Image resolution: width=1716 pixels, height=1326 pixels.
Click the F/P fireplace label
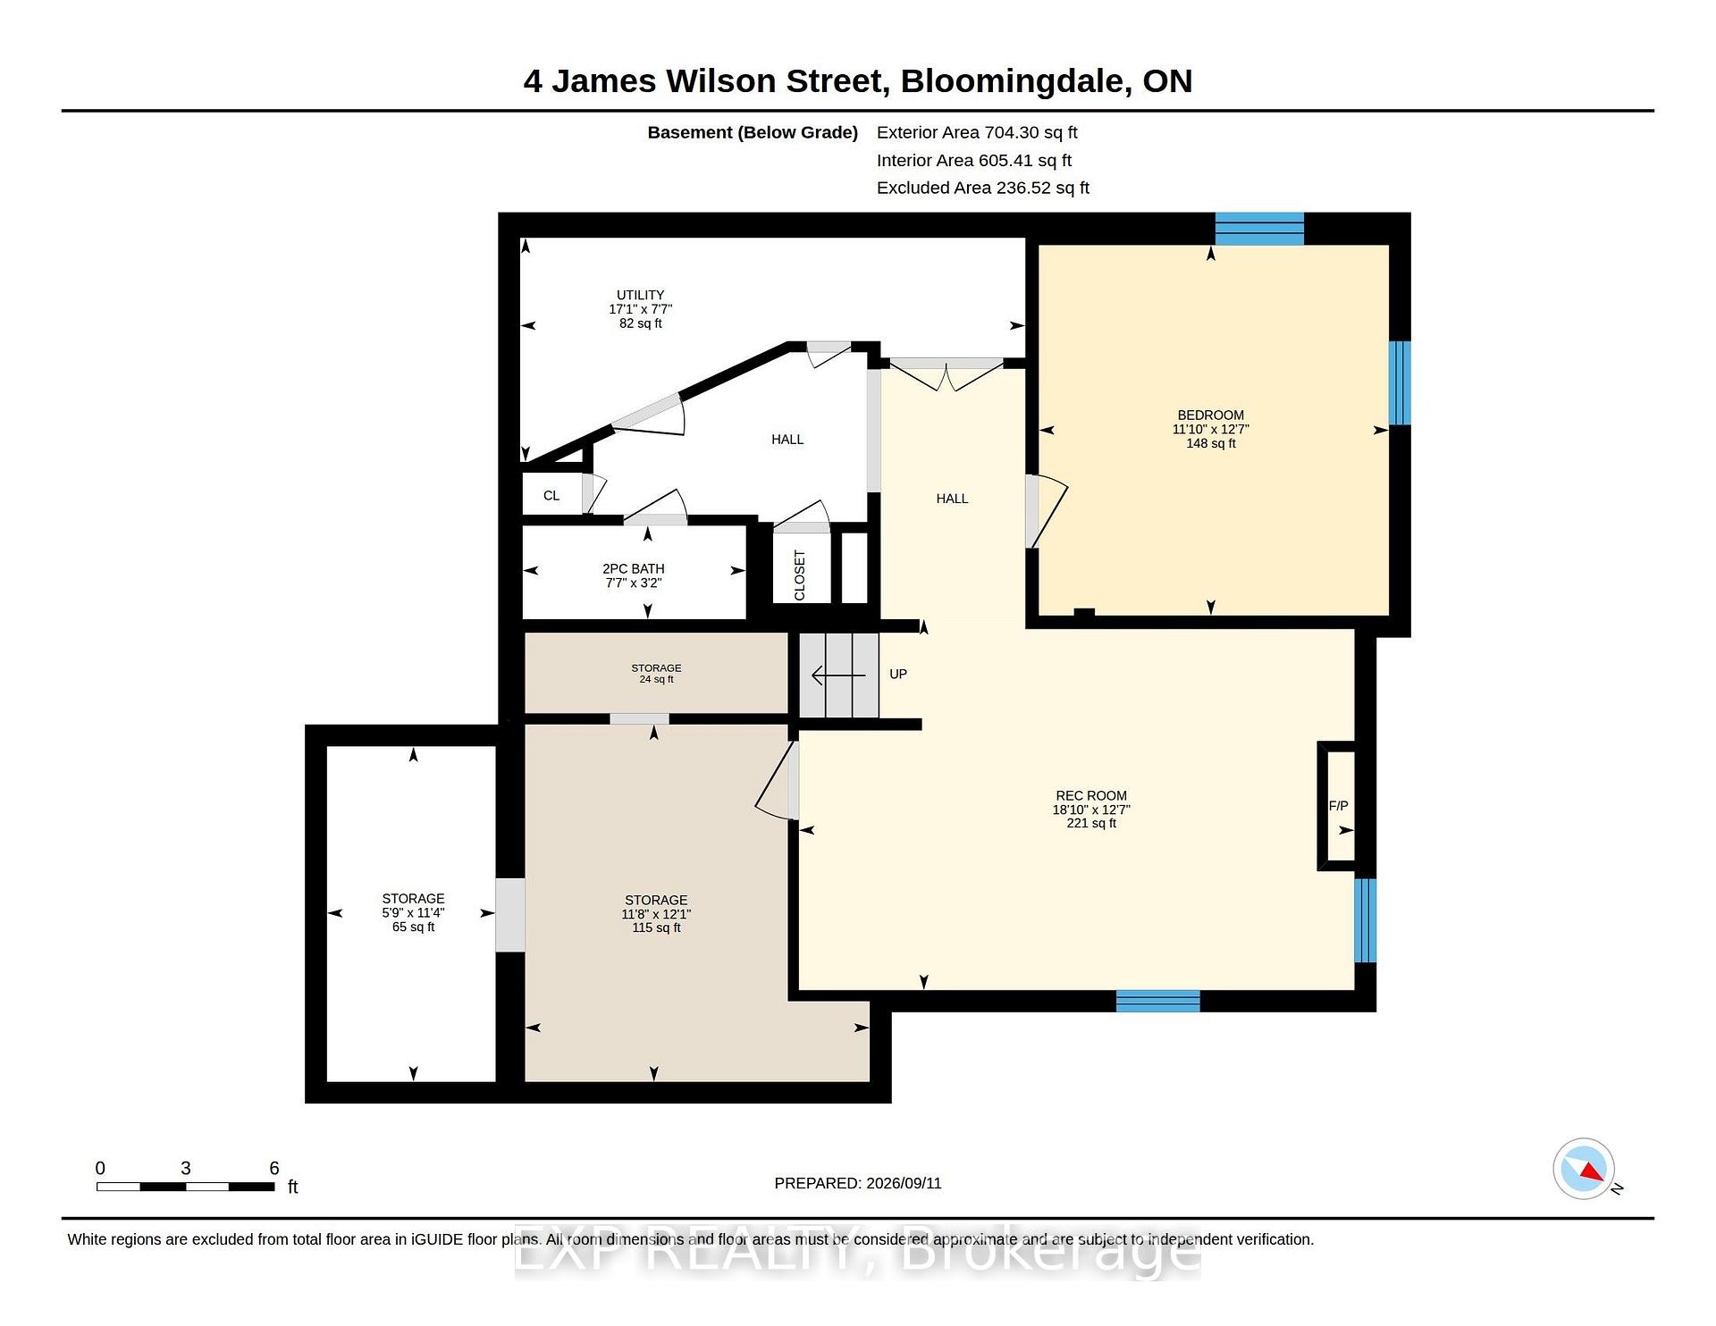[1338, 806]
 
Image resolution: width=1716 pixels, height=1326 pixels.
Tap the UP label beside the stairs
[898, 675]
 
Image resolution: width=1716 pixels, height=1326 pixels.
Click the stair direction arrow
[838, 676]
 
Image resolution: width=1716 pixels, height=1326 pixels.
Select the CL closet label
[551, 496]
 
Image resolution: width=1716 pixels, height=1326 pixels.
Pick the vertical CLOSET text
[800, 575]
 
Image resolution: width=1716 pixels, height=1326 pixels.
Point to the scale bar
[185, 1187]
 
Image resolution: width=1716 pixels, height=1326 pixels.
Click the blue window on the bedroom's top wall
[1259, 229]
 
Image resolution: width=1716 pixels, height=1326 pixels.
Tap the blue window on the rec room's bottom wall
[1157, 1001]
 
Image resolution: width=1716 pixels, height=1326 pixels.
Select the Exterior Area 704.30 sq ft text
[977, 133]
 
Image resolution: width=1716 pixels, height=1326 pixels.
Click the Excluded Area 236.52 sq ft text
[983, 189]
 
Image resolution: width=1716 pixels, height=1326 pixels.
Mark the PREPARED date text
[858, 1183]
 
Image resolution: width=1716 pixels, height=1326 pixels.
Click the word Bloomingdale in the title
[1012, 82]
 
